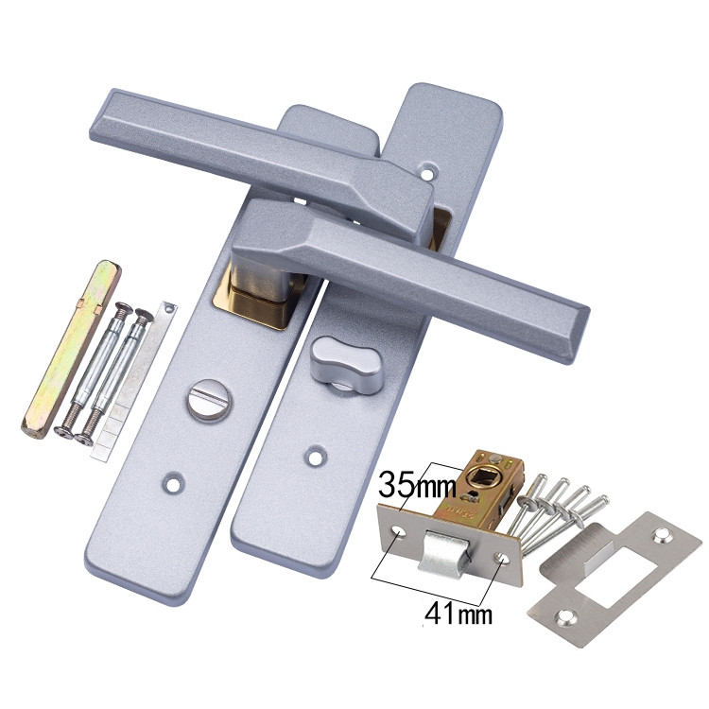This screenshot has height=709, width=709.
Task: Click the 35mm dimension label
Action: (417, 484)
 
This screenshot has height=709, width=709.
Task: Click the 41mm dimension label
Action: (458, 614)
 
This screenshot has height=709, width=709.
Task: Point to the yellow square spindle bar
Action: (71, 350)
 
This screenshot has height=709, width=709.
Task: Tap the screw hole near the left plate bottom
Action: (173, 483)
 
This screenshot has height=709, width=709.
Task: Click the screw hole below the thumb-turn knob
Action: (316, 457)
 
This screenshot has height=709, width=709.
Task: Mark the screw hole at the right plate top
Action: (426, 172)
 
